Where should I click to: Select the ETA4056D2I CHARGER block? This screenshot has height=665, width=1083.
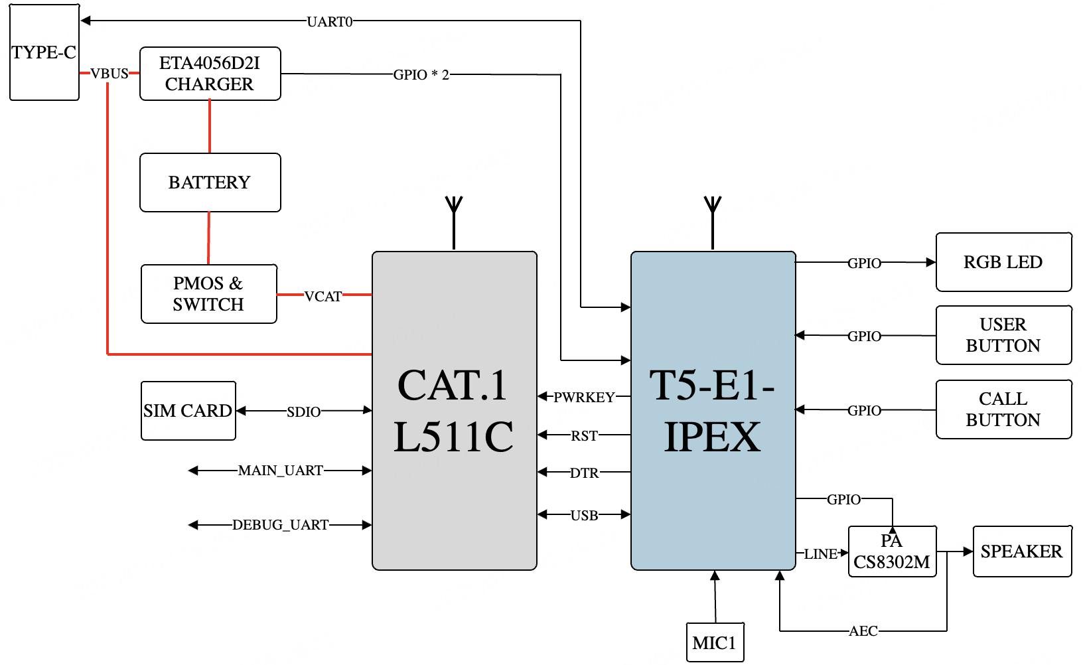tap(210, 74)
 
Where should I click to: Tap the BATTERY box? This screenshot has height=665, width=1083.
tap(210, 183)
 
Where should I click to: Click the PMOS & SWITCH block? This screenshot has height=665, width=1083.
tap(208, 294)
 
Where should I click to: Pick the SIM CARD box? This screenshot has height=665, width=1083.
tap(188, 411)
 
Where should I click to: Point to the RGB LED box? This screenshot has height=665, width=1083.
tap(1003, 262)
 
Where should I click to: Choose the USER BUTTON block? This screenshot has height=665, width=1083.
tap(1003, 335)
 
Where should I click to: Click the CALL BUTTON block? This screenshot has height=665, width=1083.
tap(1003, 409)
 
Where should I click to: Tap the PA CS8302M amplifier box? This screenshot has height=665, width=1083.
tap(892, 552)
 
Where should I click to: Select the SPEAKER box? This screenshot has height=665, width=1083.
tap(1021, 552)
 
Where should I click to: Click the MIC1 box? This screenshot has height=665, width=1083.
tap(714, 642)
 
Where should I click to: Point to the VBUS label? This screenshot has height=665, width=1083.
tap(109, 74)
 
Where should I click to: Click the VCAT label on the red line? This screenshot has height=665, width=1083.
tap(323, 297)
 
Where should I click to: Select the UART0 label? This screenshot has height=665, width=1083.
tap(330, 22)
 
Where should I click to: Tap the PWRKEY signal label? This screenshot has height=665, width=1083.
tap(585, 398)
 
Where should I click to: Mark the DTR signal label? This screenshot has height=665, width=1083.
tap(585, 473)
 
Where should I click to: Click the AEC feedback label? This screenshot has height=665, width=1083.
tap(863, 631)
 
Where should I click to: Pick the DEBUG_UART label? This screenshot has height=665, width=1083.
tap(281, 525)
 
